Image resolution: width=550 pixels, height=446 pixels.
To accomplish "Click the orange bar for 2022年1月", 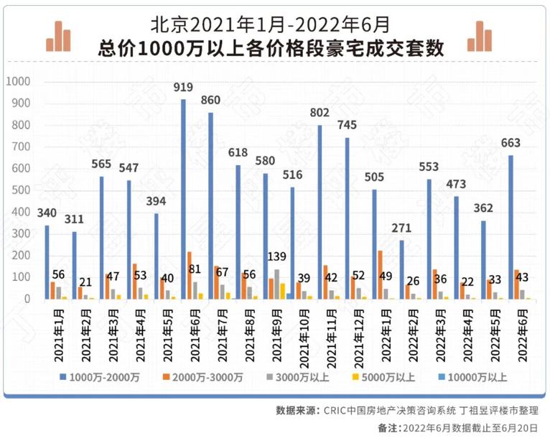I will [x=380, y=274].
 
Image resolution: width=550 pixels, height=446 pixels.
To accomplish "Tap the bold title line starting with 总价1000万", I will [x=271, y=49].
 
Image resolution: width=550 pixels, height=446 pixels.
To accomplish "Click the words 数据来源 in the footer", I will [x=297, y=411].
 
